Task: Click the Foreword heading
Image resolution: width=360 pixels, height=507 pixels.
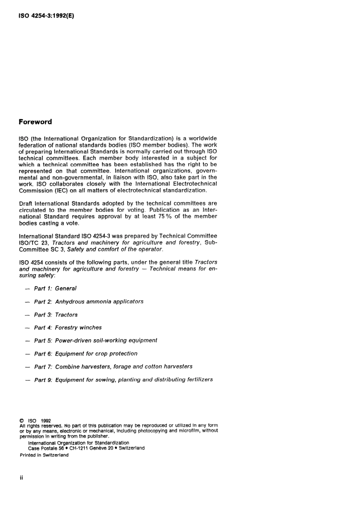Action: (35, 122)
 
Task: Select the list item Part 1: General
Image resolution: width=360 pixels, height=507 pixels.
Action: (55, 288)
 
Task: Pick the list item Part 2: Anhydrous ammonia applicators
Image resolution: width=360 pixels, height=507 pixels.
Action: (89, 302)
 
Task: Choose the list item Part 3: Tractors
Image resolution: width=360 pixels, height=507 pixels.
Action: (56, 315)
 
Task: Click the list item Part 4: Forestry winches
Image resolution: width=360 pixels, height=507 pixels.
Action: (68, 327)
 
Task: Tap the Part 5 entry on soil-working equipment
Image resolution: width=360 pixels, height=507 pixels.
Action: (95, 340)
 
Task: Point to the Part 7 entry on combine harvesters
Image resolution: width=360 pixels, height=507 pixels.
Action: (113, 366)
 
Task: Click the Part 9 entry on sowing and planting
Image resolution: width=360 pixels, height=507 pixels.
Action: (123, 379)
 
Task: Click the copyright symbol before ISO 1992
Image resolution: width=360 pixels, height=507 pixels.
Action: (22, 421)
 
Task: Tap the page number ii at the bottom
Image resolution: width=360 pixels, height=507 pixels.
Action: (21, 478)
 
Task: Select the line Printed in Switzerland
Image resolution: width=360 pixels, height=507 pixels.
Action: (44, 455)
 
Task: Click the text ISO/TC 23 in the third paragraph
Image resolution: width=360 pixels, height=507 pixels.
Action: (34, 243)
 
